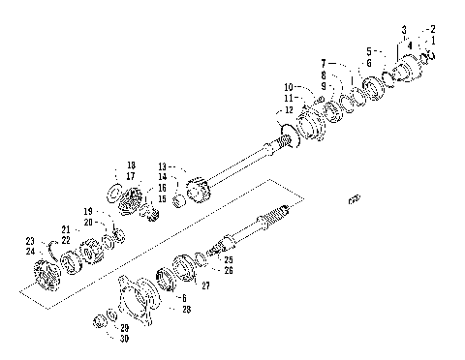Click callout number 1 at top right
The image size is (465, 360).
[433, 41]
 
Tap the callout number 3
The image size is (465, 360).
[404, 30]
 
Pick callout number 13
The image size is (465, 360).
[162, 165]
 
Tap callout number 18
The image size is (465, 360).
[131, 165]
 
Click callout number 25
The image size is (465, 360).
[228, 260]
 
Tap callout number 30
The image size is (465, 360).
[123, 338]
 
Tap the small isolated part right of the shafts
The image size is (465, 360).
[354, 199]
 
